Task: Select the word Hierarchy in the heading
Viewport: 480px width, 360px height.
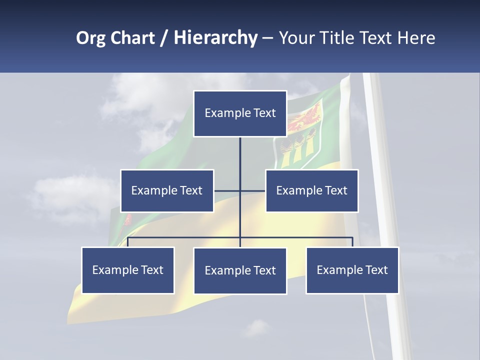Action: pyautogui.click(x=215, y=38)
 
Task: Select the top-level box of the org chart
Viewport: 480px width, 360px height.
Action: pyautogui.click(x=240, y=113)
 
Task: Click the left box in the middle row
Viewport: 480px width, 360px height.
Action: pyautogui.click(x=167, y=190)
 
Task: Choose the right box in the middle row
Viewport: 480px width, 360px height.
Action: pyautogui.click(x=311, y=190)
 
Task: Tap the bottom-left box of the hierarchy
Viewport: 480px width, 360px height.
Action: pyautogui.click(x=128, y=270)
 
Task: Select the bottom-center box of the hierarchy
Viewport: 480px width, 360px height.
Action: pyautogui.click(x=240, y=270)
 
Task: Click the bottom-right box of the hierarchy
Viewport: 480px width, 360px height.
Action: pyautogui.click(x=352, y=270)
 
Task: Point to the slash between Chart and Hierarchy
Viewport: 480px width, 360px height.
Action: pyautogui.click(x=164, y=38)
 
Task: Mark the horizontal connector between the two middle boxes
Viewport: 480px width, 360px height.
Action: pyautogui.click(x=239, y=190)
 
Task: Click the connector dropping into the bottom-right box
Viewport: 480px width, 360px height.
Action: pyautogui.click(x=352, y=242)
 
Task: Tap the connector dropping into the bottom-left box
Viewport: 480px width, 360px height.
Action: pyautogui.click(x=128, y=242)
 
